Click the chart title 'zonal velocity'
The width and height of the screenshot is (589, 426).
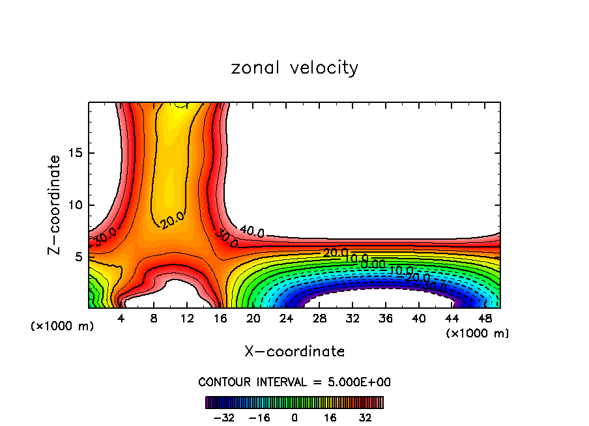(294, 68)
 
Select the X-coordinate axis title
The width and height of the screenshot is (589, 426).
(294, 352)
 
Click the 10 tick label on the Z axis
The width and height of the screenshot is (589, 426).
(76, 205)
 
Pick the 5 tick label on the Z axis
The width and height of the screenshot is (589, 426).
(79, 257)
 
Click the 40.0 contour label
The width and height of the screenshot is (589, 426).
(252, 231)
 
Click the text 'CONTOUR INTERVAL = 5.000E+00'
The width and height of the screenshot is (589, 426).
(294, 382)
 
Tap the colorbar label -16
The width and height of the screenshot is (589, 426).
(259, 417)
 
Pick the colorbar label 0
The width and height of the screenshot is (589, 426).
(294, 417)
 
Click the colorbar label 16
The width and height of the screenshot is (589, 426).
(330, 417)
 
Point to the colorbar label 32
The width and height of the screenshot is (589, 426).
(365, 417)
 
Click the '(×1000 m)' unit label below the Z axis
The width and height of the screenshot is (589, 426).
(63, 326)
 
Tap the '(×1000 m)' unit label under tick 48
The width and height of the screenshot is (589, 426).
(478, 334)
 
